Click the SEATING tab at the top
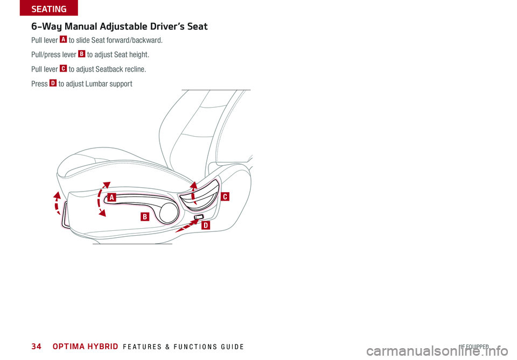pos(48,9)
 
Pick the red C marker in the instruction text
pos(64,69)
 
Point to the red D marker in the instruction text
pos(53,83)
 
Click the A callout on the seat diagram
pos(111,197)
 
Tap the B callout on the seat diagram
pos(144,217)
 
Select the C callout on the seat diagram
pos(224,197)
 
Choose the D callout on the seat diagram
pos(205,226)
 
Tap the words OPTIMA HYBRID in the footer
pos(87,347)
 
